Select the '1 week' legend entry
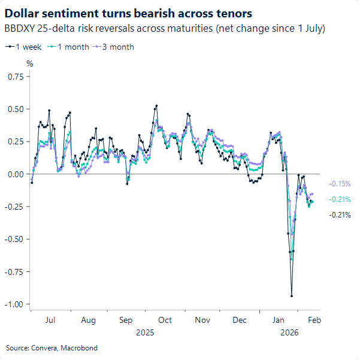(x=25, y=47)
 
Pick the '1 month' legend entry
(x=71, y=47)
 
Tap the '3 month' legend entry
(x=116, y=47)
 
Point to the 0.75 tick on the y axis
(x=15, y=77)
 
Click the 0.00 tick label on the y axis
(x=15, y=174)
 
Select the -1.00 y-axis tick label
(x=14, y=304)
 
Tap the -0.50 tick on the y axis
(x=14, y=239)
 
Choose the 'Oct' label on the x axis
(x=165, y=320)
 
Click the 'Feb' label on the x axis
(x=314, y=320)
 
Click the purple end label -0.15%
(x=340, y=184)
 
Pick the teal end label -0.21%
(x=340, y=199)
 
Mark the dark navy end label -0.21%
(x=340, y=215)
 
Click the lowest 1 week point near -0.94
(x=292, y=296)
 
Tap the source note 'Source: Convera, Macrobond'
(x=52, y=348)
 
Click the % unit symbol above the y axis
(x=29, y=63)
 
